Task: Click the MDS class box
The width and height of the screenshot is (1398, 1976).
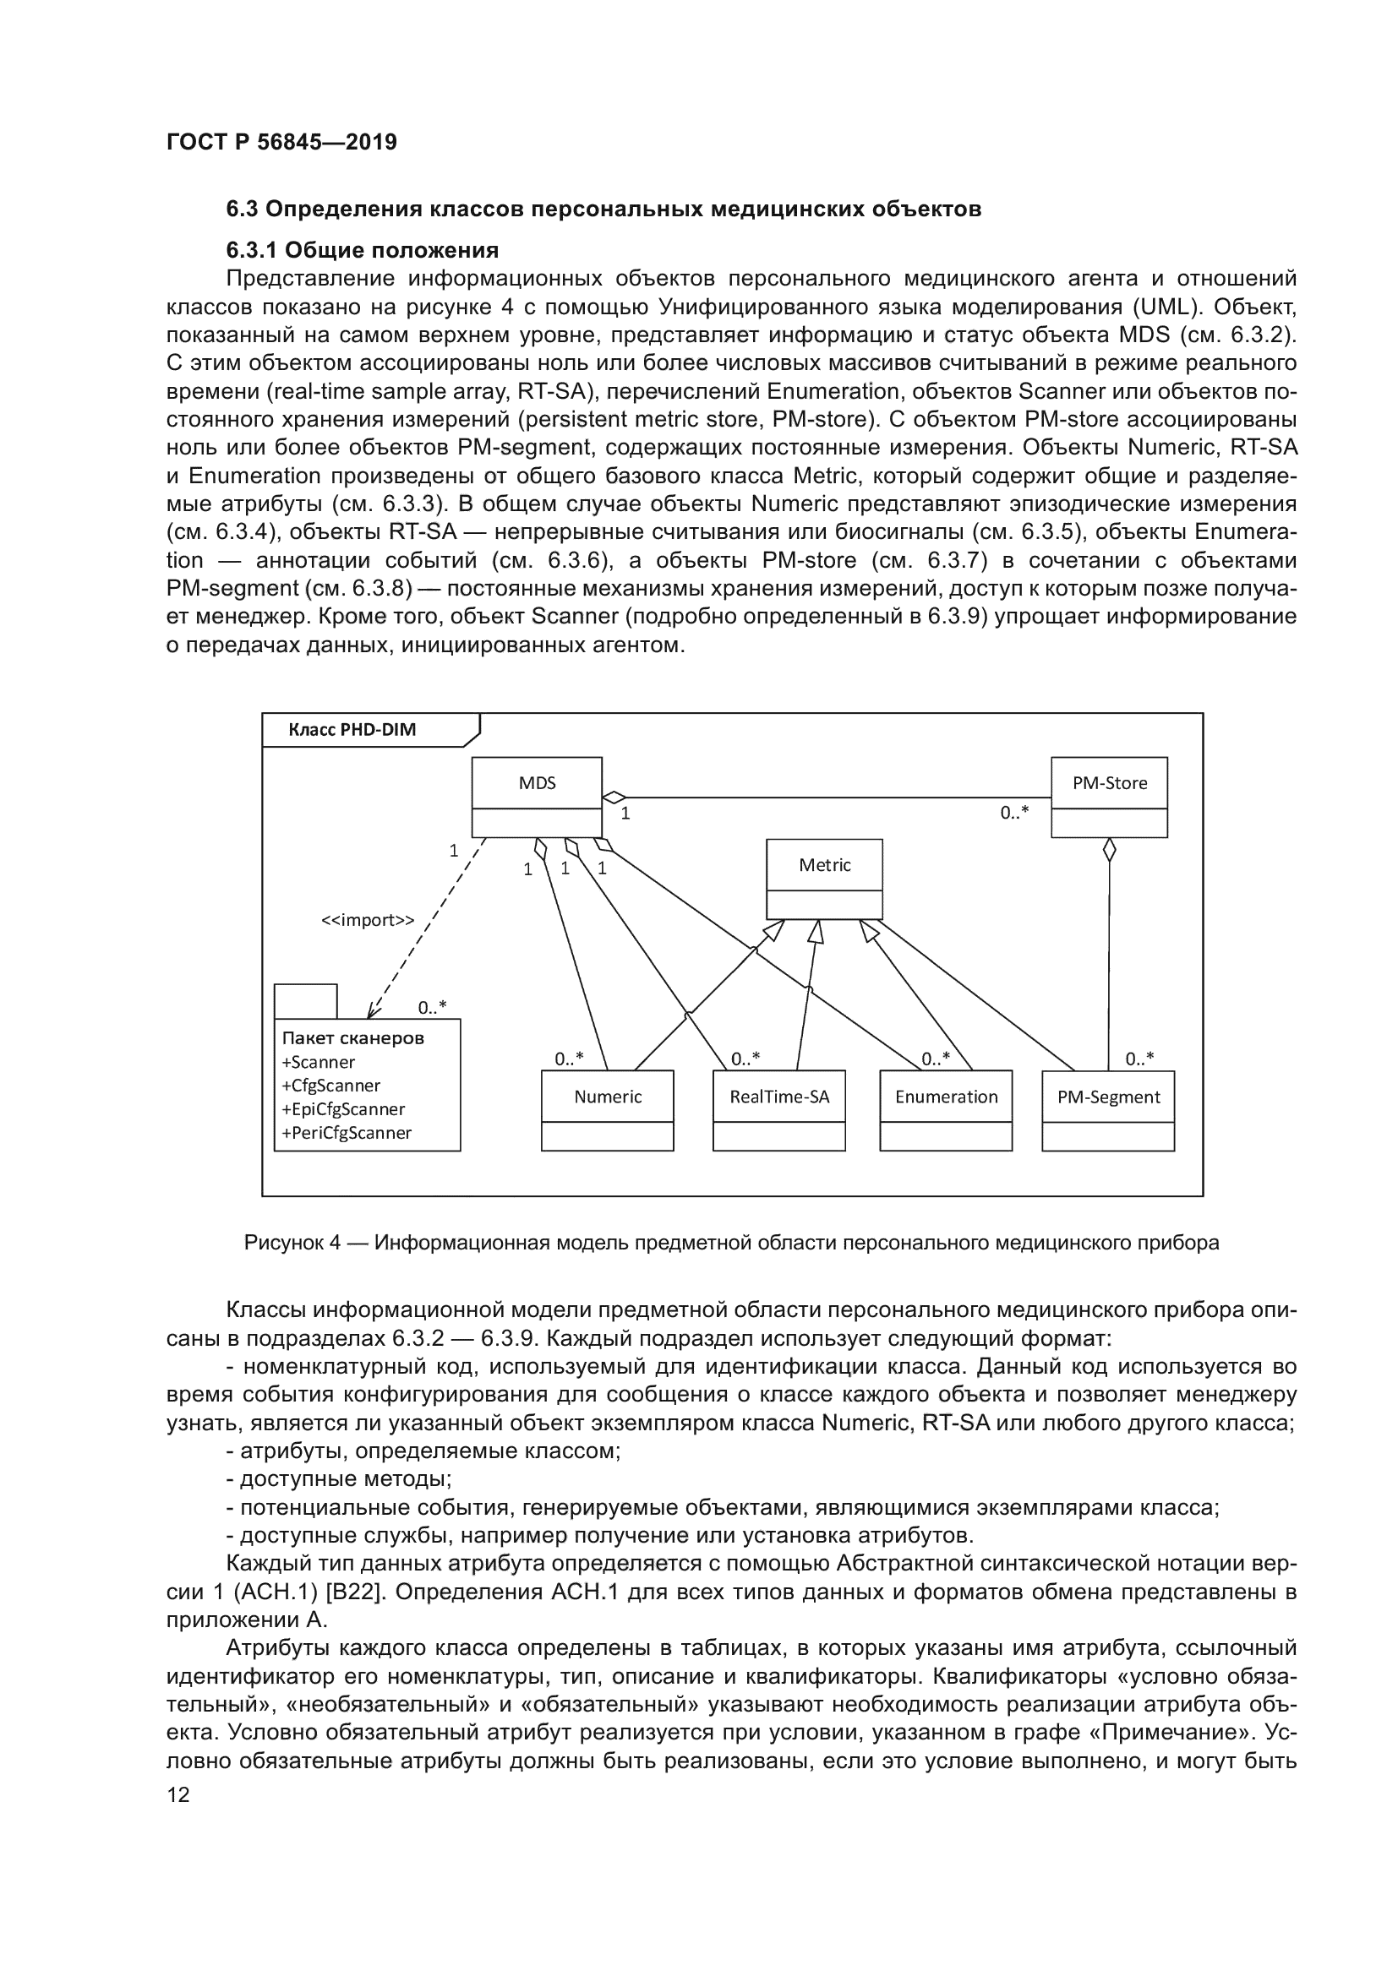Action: tap(537, 796)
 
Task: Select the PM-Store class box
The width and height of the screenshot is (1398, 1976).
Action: tap(1109, 796)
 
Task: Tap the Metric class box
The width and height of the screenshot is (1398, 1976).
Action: tap(824, 878)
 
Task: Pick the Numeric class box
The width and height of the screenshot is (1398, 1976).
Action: tap(607, 1109)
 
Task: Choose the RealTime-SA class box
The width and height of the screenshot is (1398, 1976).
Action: tap(778, 1109)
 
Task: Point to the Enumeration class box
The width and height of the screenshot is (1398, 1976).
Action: tap(945, 1109)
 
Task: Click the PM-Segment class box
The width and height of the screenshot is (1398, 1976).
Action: tap(1108, 1109)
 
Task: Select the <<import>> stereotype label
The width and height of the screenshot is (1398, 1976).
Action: tap(368, 920)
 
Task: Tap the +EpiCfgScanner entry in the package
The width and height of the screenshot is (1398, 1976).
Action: tap(343, 1109)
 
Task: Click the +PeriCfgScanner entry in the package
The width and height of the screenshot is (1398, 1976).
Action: tap(347, 1133)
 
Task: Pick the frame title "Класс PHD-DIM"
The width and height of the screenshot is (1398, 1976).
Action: tap(352, 730)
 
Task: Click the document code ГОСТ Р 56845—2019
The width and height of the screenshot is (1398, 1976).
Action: tap(281, 142)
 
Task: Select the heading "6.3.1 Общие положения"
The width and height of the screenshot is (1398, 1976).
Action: tap(363, 250)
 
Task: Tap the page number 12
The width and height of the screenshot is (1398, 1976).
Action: tap(178, 1794)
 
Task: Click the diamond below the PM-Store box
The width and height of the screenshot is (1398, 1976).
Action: tap(1110, 851)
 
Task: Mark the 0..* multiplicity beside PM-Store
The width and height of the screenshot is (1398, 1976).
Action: tap(1014, 813)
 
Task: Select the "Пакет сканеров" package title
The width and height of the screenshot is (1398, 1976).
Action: tap(353, 1038)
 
